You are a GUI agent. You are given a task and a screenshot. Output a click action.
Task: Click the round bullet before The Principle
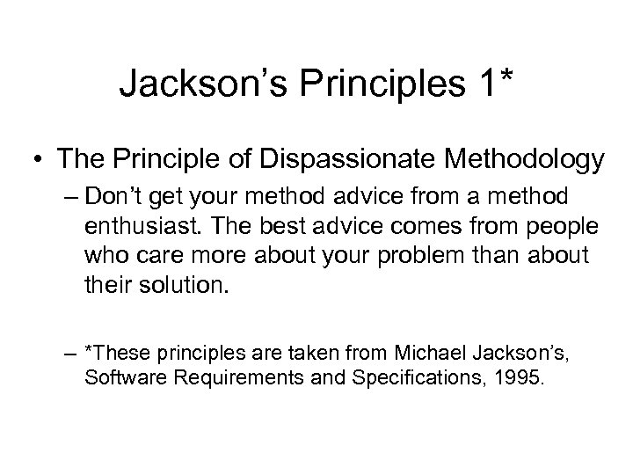click(39, 160)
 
